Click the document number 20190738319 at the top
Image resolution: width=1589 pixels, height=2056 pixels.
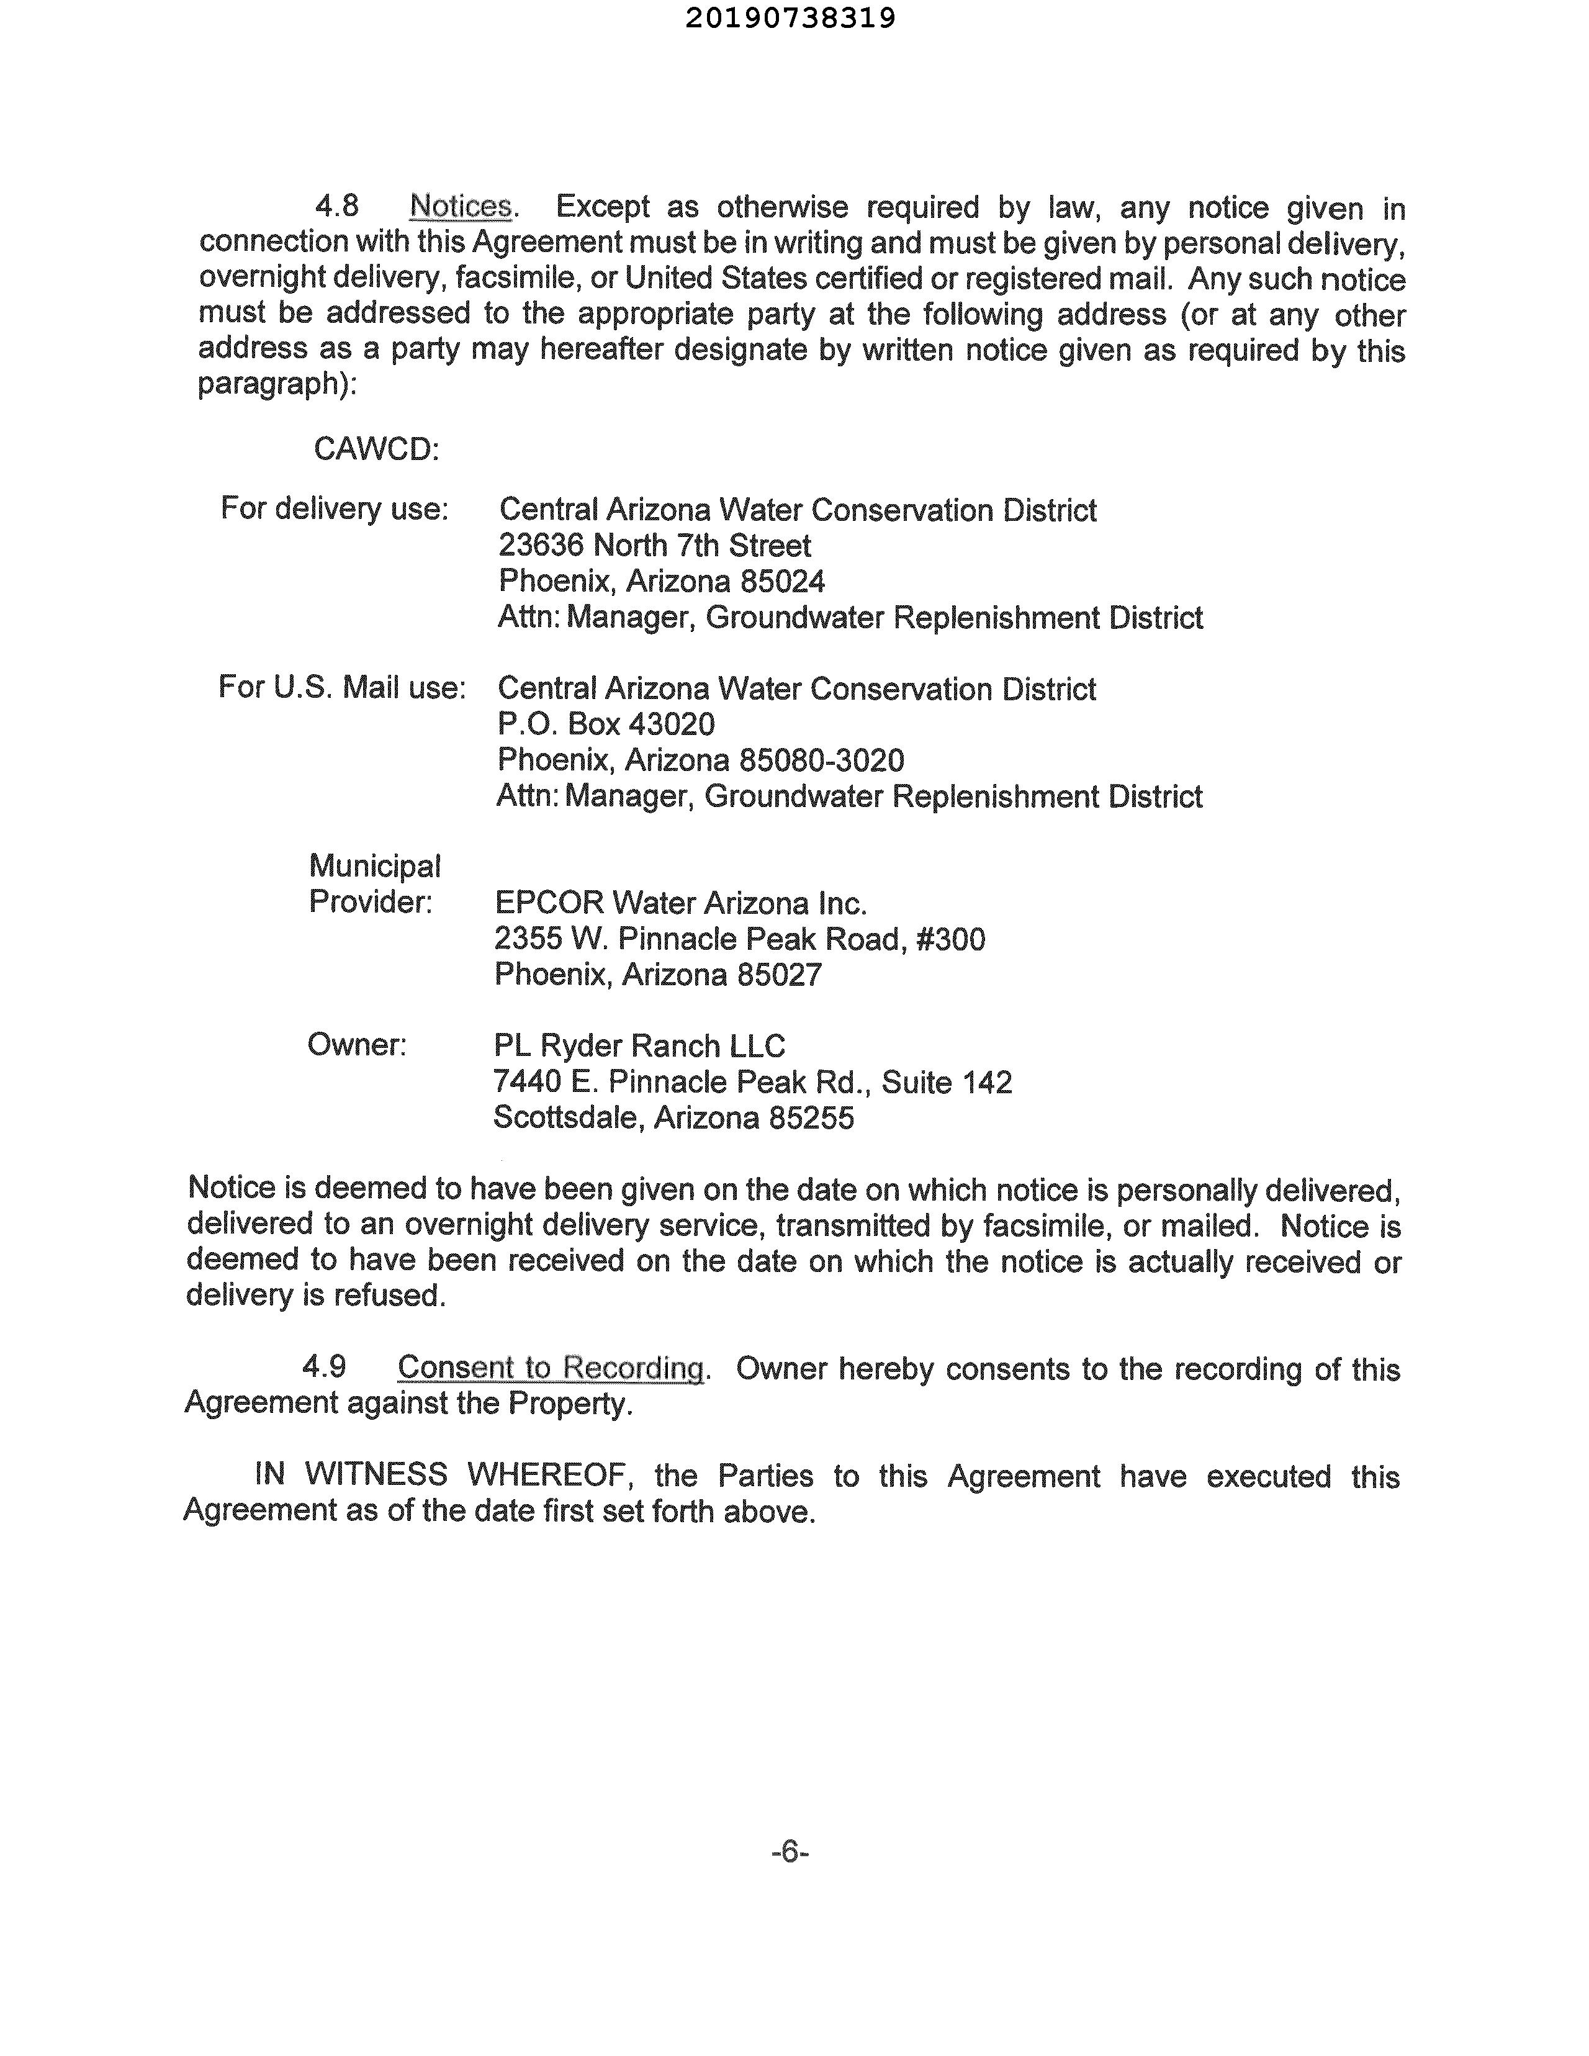[x=790, y=18]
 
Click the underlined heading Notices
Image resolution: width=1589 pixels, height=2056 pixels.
[x=461, y=206]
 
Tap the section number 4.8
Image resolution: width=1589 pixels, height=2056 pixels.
[x=337, y=206]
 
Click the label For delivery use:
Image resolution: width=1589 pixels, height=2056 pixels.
[x=334, y=508]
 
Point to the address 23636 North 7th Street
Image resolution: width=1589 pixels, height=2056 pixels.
[x=654, y=545]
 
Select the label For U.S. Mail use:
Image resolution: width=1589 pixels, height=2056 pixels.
[x=342, y=687]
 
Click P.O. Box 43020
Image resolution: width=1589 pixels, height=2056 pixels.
[x=606, y=724]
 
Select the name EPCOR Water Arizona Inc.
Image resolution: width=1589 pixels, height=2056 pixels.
[x=680, y=904]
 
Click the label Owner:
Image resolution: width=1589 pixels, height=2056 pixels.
[x=357, y=1045]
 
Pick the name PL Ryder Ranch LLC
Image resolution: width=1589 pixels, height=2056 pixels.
[x=639, y=1046]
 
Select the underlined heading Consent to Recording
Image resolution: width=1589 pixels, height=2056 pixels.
[x=551, y=1368]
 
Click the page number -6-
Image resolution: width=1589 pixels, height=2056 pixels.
[x=790, y=1852]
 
